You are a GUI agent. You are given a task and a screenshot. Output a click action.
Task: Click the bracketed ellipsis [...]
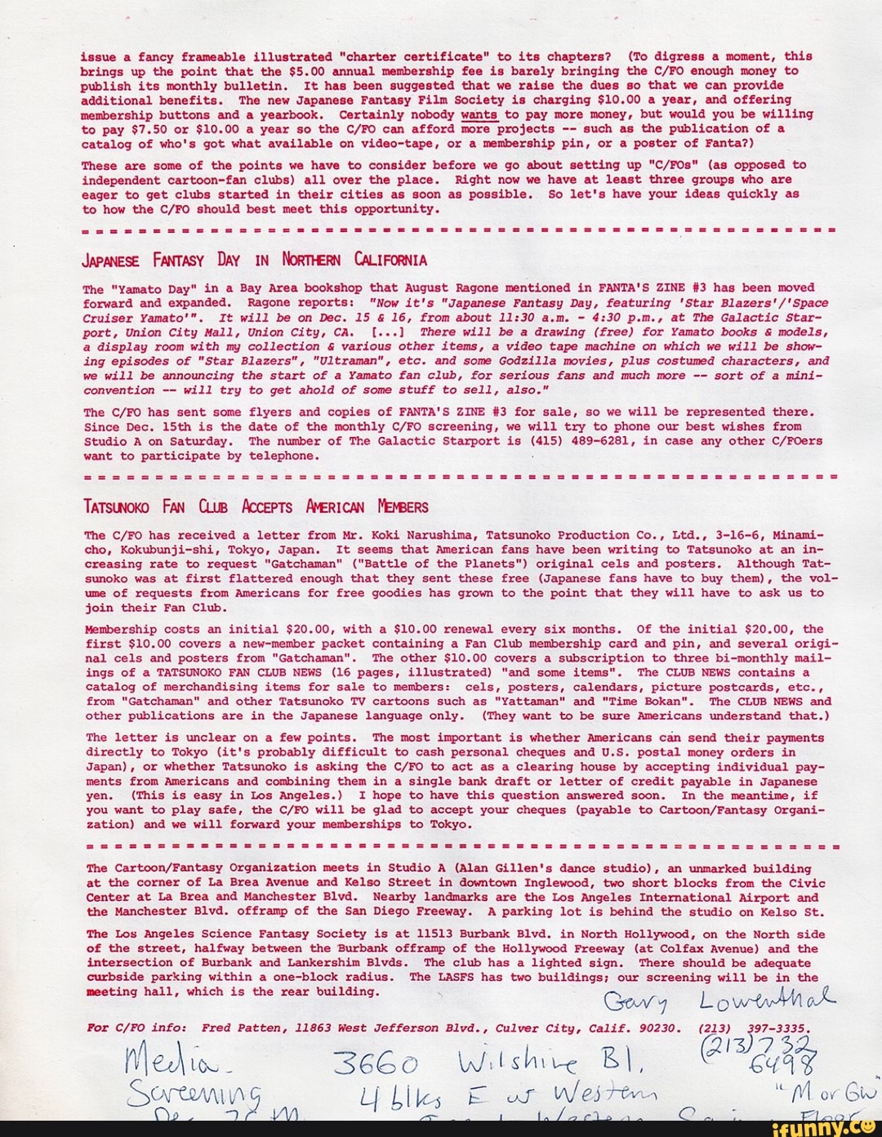(384, 332)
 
